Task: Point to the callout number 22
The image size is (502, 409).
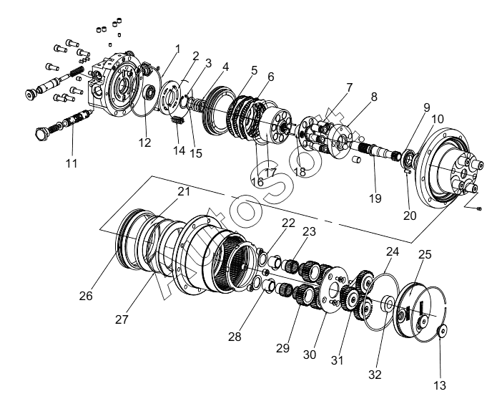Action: click(288, 223)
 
